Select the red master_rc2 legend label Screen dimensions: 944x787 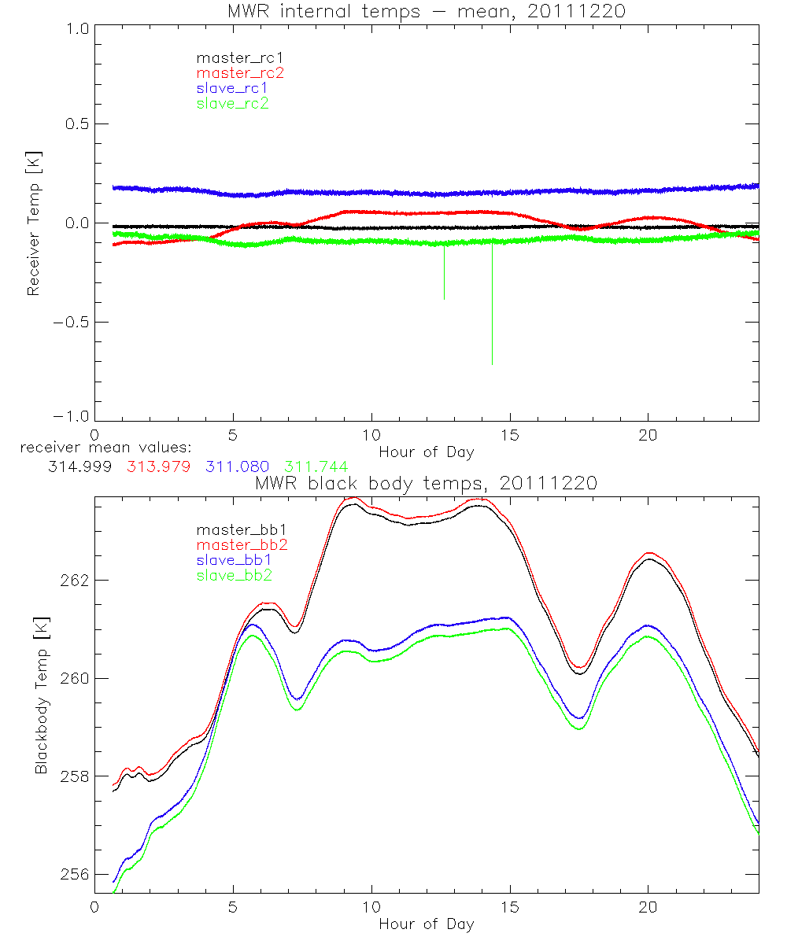click(240, 72)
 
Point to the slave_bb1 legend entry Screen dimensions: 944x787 click(235, 560)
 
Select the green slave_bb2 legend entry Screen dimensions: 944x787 click(235, 576)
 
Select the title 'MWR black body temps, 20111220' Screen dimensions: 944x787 click(426, 484)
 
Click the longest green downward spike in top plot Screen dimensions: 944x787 click(493, 315)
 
